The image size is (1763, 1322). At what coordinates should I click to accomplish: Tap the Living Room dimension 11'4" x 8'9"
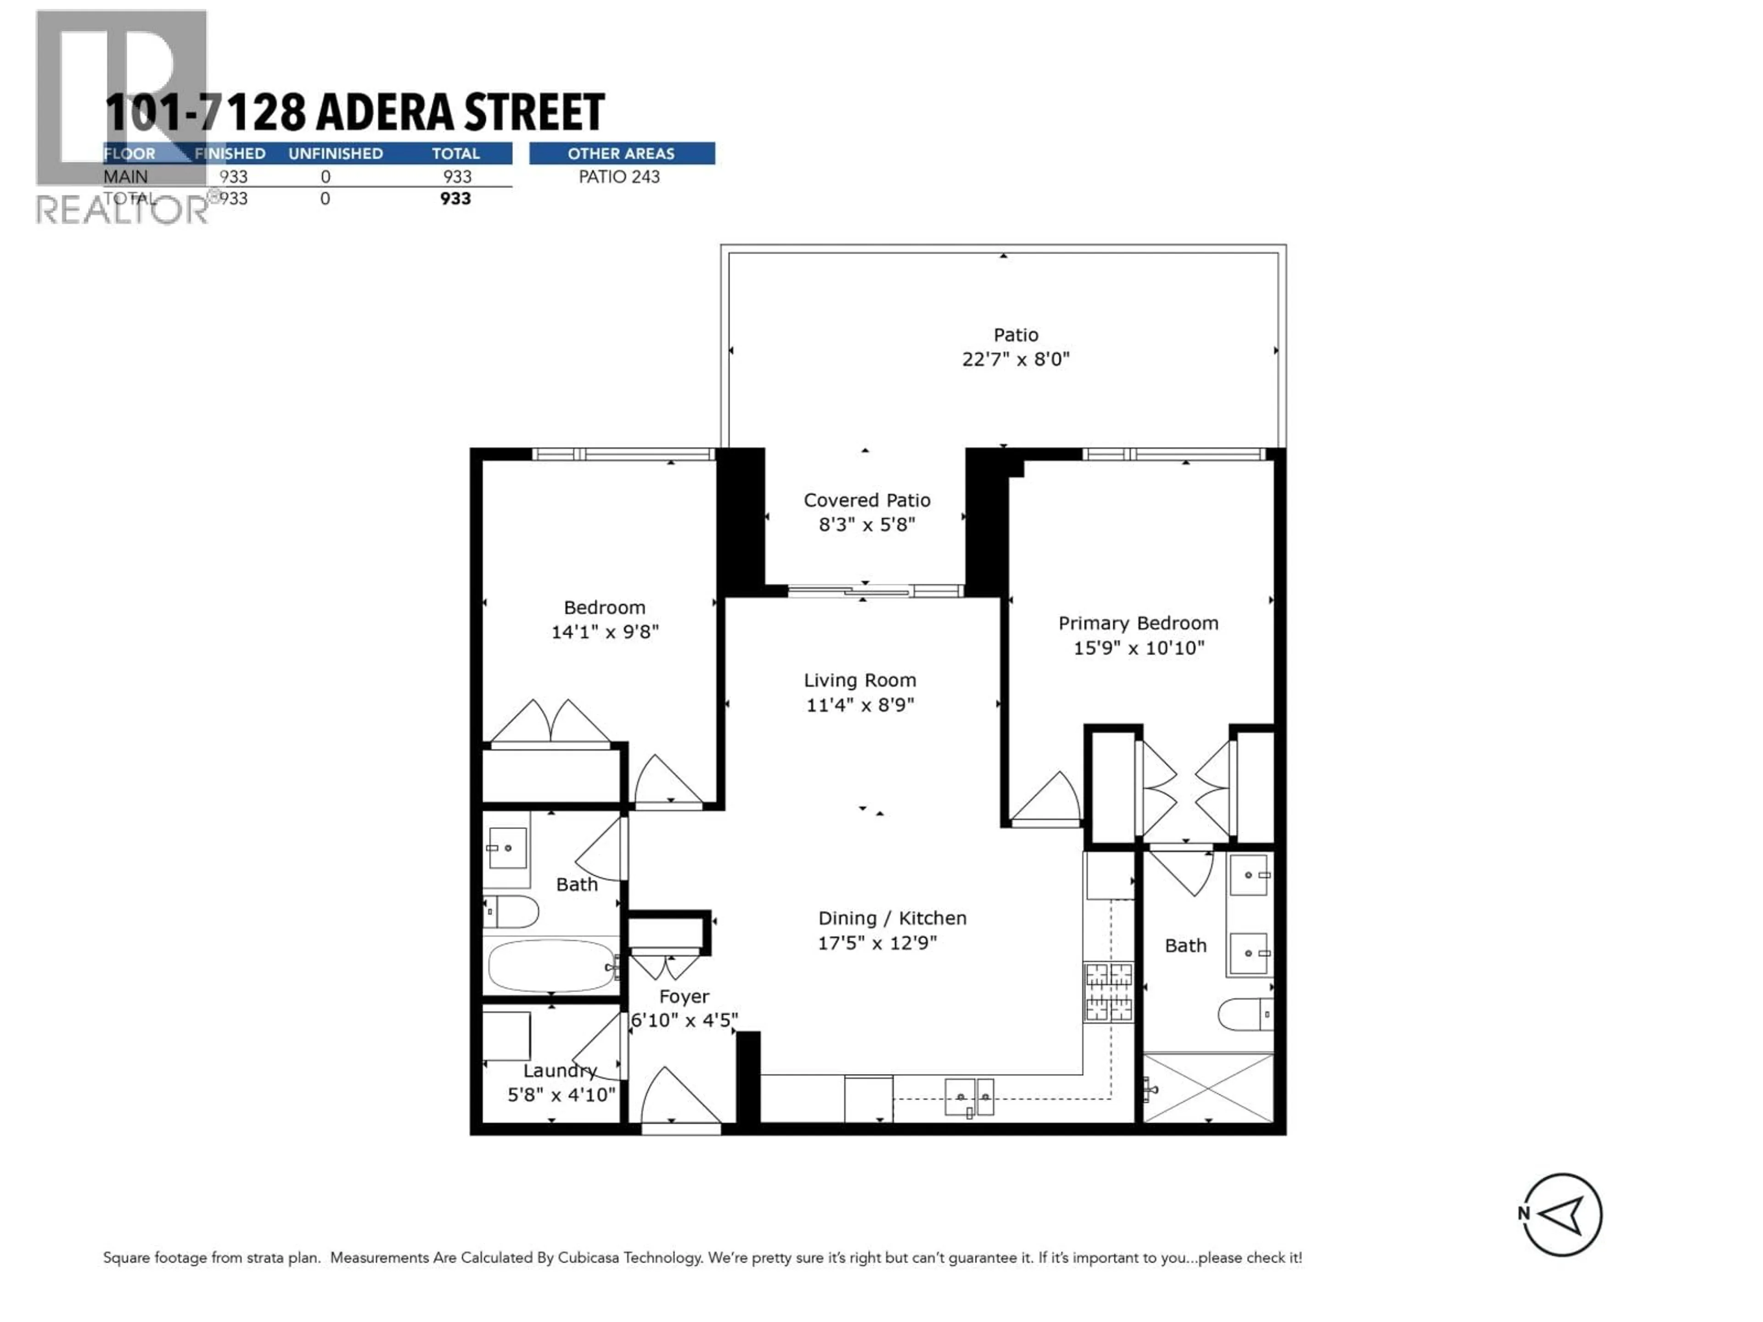[x=860, y=705]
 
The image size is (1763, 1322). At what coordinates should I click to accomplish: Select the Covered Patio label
[x=866, y=500]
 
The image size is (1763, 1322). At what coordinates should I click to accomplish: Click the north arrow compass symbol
[x=1561, y=1215]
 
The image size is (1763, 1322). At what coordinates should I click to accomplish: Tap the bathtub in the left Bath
[x=551, y=966]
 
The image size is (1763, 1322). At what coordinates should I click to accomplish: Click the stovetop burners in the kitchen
[x=1108, y=992]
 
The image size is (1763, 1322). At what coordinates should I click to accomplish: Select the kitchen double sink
[x=970, y=1097]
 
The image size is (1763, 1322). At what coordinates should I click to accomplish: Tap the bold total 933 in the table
[x=455, y=198]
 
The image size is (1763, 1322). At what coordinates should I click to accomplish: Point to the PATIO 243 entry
[x=619, y=177]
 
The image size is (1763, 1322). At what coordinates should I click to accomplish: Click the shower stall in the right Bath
[x=1208, y=1088]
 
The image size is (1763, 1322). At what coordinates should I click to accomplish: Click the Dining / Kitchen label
[x=892, y=918]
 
